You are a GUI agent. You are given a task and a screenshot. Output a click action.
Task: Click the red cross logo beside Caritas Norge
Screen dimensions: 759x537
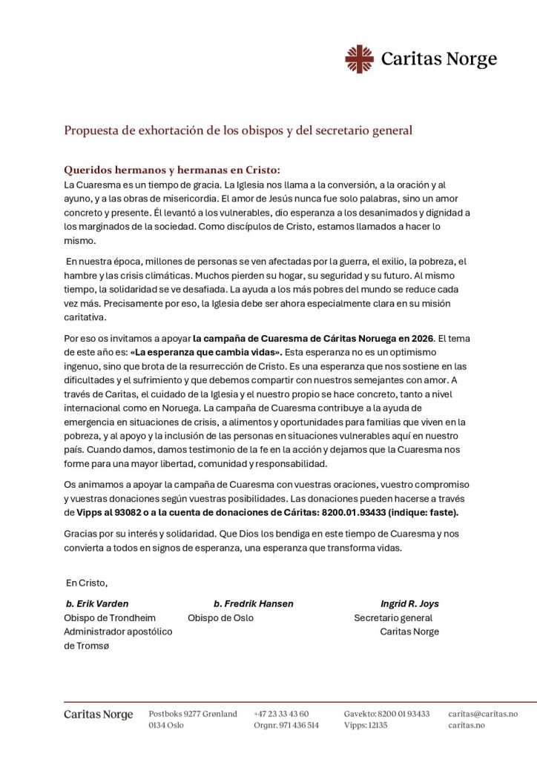pyautogui.click(x=359, y=59)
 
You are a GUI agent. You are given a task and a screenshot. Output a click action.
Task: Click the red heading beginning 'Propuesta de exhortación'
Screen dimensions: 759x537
pyautogui.click(x=238, y=130)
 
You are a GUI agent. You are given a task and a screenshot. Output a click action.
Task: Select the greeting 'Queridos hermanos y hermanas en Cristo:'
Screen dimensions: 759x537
pyautogui.click(x=172, y=169)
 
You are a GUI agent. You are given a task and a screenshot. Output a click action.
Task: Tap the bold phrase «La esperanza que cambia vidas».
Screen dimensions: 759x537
pyautogui.click(x=205, y=352)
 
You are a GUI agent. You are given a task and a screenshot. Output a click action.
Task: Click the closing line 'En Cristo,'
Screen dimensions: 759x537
pyautogui.click(x=87, y=583)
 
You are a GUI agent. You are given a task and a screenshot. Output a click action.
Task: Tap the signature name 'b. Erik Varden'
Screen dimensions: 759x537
pyautogui.click(x=97, y=603)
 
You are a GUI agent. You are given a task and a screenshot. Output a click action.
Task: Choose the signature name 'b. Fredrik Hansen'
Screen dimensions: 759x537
pyautogui.click(x=253, y=603)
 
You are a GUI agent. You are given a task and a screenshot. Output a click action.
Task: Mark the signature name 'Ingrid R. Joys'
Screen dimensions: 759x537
pyautogui.click(x=409, y=603)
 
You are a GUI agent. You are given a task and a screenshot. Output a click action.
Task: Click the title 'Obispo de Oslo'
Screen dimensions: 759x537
pyautogui.click(x=220, y=617)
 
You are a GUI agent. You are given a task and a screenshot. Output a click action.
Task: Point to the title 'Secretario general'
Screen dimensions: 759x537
pyautogui.click(x=393, y=617)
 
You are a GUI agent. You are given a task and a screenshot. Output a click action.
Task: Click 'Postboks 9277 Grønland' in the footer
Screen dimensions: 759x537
pyautogui.click(x=193, y=714)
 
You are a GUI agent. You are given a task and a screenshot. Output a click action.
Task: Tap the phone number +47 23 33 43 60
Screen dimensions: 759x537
pyautogui.click(x=281, y=714)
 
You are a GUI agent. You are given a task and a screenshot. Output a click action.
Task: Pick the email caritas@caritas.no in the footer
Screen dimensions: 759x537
pyautogui.click(x=483, y=714)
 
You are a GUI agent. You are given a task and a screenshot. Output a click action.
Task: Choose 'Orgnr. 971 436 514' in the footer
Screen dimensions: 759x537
pyautogui.click(x=286, y=725)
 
